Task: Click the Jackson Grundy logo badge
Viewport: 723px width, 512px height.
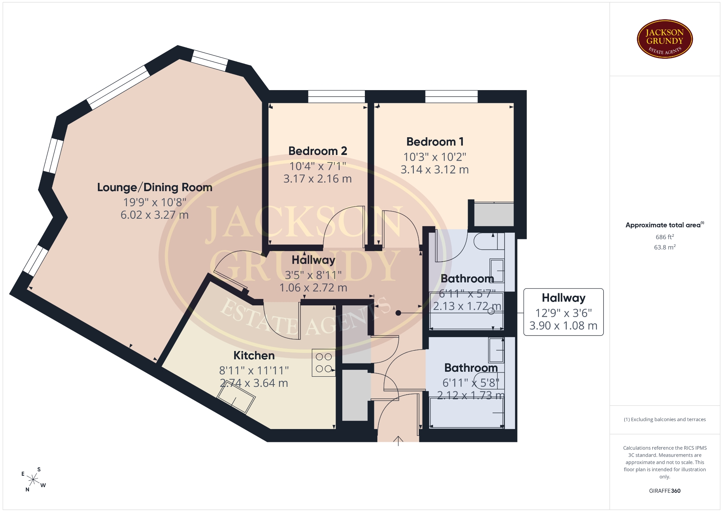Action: pos(665,39)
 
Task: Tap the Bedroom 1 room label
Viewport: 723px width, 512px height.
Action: pos(435,142)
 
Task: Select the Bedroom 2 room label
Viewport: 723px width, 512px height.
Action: pos(317,151)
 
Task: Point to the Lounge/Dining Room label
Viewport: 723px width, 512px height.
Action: pos(155,187)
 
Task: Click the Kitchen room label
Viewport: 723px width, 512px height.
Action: pos(254,356)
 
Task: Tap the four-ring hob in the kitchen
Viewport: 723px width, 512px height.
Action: pos(323,363)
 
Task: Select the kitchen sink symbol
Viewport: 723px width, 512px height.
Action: pos(236,400)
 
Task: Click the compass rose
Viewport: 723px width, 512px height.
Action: pos(34,480)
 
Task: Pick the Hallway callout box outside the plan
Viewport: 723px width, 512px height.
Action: pos(563,312)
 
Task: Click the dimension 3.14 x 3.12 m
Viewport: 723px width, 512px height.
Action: pos(435,170)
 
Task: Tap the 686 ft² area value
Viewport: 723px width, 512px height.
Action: pos(665,237)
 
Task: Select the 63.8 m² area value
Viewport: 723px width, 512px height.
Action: pos(665,247)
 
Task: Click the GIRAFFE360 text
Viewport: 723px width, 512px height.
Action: pos(665,491)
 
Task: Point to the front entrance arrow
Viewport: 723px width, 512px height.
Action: pos(398,441)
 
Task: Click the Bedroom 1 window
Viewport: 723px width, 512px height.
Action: pos(451,97)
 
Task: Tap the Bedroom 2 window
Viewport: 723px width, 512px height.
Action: pos(336,97)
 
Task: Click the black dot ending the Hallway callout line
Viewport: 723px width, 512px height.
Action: pos(398,313)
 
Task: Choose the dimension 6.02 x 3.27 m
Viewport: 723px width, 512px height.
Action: pos(155,215)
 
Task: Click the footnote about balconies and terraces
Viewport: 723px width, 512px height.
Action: pos(665,419)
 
